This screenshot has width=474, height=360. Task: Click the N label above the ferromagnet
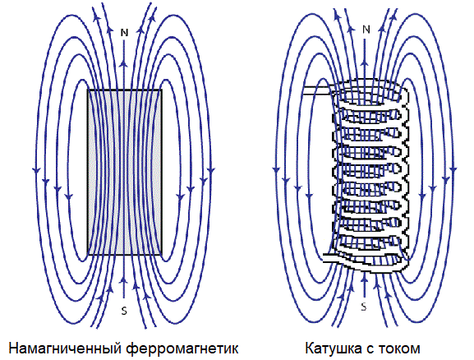tap(124, 32)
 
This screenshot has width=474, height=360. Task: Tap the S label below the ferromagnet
tap(124, 311)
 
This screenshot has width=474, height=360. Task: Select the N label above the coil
tap(366, 30)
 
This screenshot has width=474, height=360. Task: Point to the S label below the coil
tap(364, 307)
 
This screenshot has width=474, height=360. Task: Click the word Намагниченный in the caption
tap(65, 348)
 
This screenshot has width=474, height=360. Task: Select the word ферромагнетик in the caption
tap(182, 348)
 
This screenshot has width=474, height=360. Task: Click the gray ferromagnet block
tap(125, 172)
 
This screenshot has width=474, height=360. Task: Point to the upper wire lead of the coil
tap(318, 90)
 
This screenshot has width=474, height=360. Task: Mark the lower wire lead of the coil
tap(334, 258)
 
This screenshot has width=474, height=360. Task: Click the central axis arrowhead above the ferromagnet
tap(124, 64)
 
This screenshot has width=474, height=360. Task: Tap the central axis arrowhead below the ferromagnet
tap(123, 281)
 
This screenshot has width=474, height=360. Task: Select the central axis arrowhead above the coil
tap(366, 63)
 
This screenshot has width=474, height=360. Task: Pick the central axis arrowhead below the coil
tap(364, 277)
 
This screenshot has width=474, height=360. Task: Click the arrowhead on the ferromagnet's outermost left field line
tap(36, 170)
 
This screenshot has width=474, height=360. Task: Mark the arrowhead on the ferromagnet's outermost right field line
tap(211, 170)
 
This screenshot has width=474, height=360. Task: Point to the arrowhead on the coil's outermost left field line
tap(276, 169)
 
